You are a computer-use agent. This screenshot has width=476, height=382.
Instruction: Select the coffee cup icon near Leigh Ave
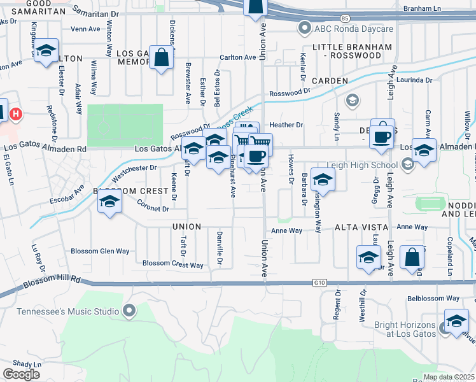(x=382, y=135)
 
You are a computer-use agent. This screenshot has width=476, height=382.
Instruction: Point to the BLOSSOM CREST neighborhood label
(x=122, y=191)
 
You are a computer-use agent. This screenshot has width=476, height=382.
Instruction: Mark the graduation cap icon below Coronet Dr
(x=109, y=203)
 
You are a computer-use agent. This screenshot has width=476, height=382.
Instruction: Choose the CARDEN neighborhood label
(x=330, y=81)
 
